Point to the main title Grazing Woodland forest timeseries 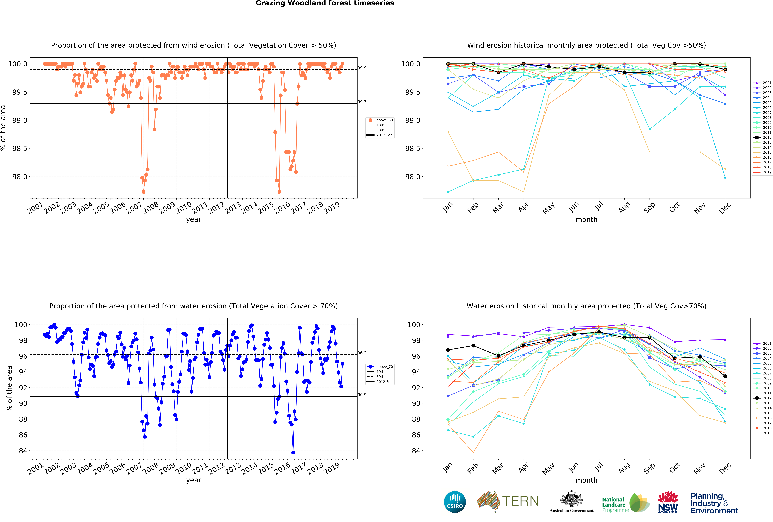tap(325, 3)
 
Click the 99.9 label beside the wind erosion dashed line tap(362, 68)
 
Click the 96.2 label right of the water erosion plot tap(362, 353)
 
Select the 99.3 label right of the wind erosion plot tap(362, 102)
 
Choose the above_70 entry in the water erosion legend tap(384, 367)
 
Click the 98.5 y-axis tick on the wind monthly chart tap(412, 149)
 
